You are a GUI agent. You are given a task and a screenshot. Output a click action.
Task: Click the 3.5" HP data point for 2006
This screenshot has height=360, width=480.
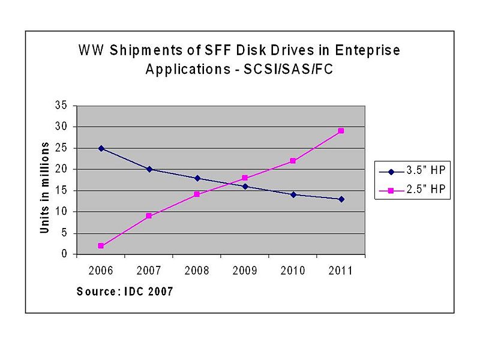coord(101,148)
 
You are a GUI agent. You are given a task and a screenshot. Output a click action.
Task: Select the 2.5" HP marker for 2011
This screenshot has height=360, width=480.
coord(341,131)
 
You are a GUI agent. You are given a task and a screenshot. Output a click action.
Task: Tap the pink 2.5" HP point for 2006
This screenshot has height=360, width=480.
coord(101,246)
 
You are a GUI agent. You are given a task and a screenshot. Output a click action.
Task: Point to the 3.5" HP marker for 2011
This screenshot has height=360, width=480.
coord(341,199)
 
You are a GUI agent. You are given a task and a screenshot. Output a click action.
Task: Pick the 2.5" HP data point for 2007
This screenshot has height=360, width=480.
coord(149,216)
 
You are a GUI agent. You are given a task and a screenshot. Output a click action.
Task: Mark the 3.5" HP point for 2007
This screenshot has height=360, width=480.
coord(149,169)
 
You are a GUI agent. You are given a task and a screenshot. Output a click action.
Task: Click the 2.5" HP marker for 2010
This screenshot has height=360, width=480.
coord(293,161)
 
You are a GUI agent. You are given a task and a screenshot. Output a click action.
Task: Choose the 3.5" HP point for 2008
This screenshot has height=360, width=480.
coord(197,178)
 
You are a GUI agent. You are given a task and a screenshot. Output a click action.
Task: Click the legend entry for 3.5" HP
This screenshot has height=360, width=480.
coord(409,171)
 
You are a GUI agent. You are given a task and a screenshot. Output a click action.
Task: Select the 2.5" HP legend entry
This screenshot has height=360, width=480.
coord(409,189)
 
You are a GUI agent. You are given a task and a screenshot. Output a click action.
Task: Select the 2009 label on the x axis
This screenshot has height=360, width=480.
coord(245,271)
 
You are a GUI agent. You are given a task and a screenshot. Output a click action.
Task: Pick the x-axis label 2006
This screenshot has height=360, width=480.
coord(101,271)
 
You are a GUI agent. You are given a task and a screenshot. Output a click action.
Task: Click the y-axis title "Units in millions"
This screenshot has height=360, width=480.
coord(45,188)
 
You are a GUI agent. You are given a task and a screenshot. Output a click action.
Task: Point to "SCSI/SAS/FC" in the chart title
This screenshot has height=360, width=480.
coord(288,69)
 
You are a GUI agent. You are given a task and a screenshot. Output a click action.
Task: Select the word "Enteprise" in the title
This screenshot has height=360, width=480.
coord(365,50)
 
